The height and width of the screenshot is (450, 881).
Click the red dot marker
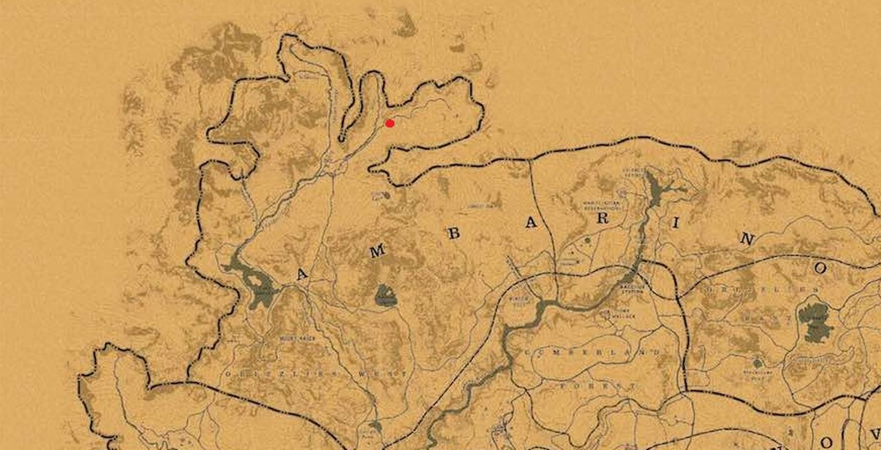point(390,123)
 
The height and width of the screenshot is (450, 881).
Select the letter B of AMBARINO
point(453,233)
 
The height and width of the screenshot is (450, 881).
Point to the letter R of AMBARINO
point(602,219)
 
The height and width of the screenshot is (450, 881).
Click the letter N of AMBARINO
point(747,239)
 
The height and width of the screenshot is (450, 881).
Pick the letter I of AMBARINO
point(675,224)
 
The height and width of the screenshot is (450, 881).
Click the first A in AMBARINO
point(301,274)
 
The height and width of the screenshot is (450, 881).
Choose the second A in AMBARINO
point(531,223)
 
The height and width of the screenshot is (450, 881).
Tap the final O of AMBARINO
point(820,268)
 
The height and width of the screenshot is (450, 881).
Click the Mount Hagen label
point(297,339)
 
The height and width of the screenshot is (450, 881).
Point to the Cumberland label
point(592,352)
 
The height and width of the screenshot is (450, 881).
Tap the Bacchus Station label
point(633,288)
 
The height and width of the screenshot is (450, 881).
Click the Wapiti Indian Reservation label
point(601,206)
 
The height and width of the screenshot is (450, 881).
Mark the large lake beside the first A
point(257,287)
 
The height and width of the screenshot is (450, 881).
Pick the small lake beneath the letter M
point(385,296)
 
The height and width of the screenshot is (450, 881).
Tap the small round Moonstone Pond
point(758,363)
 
